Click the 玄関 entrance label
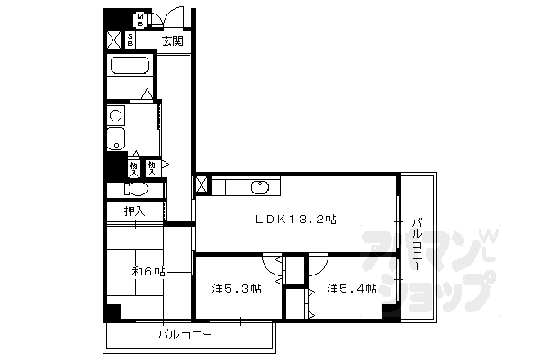173,40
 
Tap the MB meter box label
140,18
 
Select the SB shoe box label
131,40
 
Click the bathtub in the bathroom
130,67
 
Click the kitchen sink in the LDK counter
260,187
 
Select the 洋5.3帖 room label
237,288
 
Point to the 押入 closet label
124,212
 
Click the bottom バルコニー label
184,337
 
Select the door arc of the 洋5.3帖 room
271,265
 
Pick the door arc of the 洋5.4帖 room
317,265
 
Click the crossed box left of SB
114,40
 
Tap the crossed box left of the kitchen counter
202,186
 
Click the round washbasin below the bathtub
115,114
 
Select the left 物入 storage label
134,167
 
